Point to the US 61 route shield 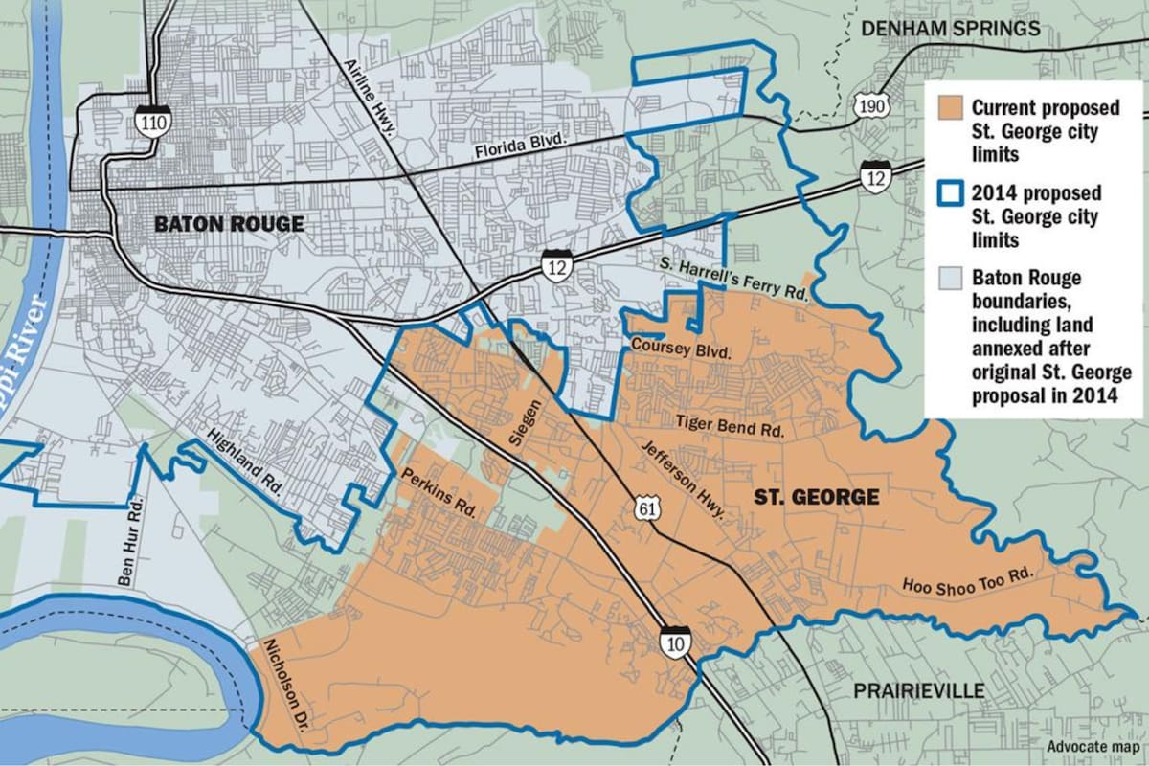(641, 509)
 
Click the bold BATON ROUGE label (230, 225)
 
